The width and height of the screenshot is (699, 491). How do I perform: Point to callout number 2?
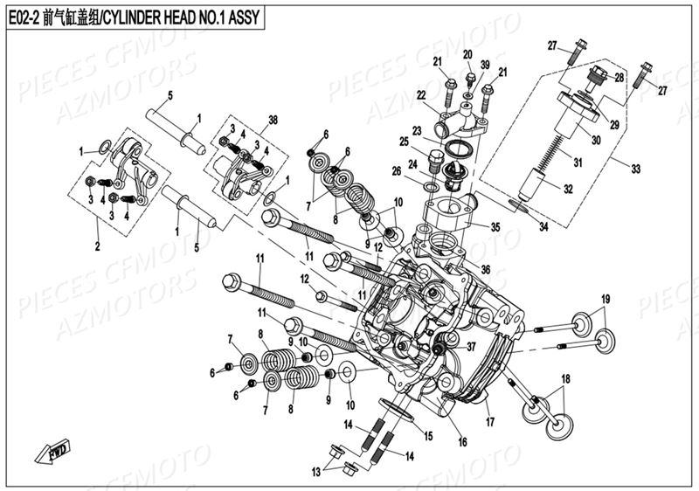click(97, 245)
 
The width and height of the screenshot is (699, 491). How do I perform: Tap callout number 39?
click(485, 66)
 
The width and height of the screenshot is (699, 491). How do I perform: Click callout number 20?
click(467, 54)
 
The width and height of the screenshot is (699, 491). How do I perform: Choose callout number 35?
click(495, 227)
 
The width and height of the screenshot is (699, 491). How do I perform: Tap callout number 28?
click(619, 78)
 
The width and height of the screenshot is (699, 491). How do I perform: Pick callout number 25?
click(405, 142)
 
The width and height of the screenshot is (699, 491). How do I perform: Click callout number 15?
click(427, 434)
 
